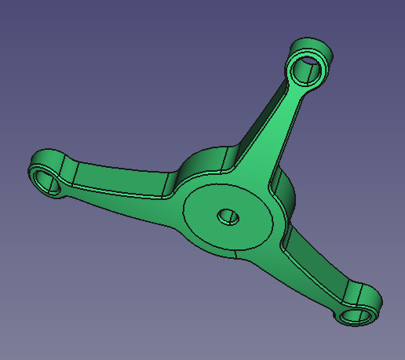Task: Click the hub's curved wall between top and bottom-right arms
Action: [287, 196]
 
